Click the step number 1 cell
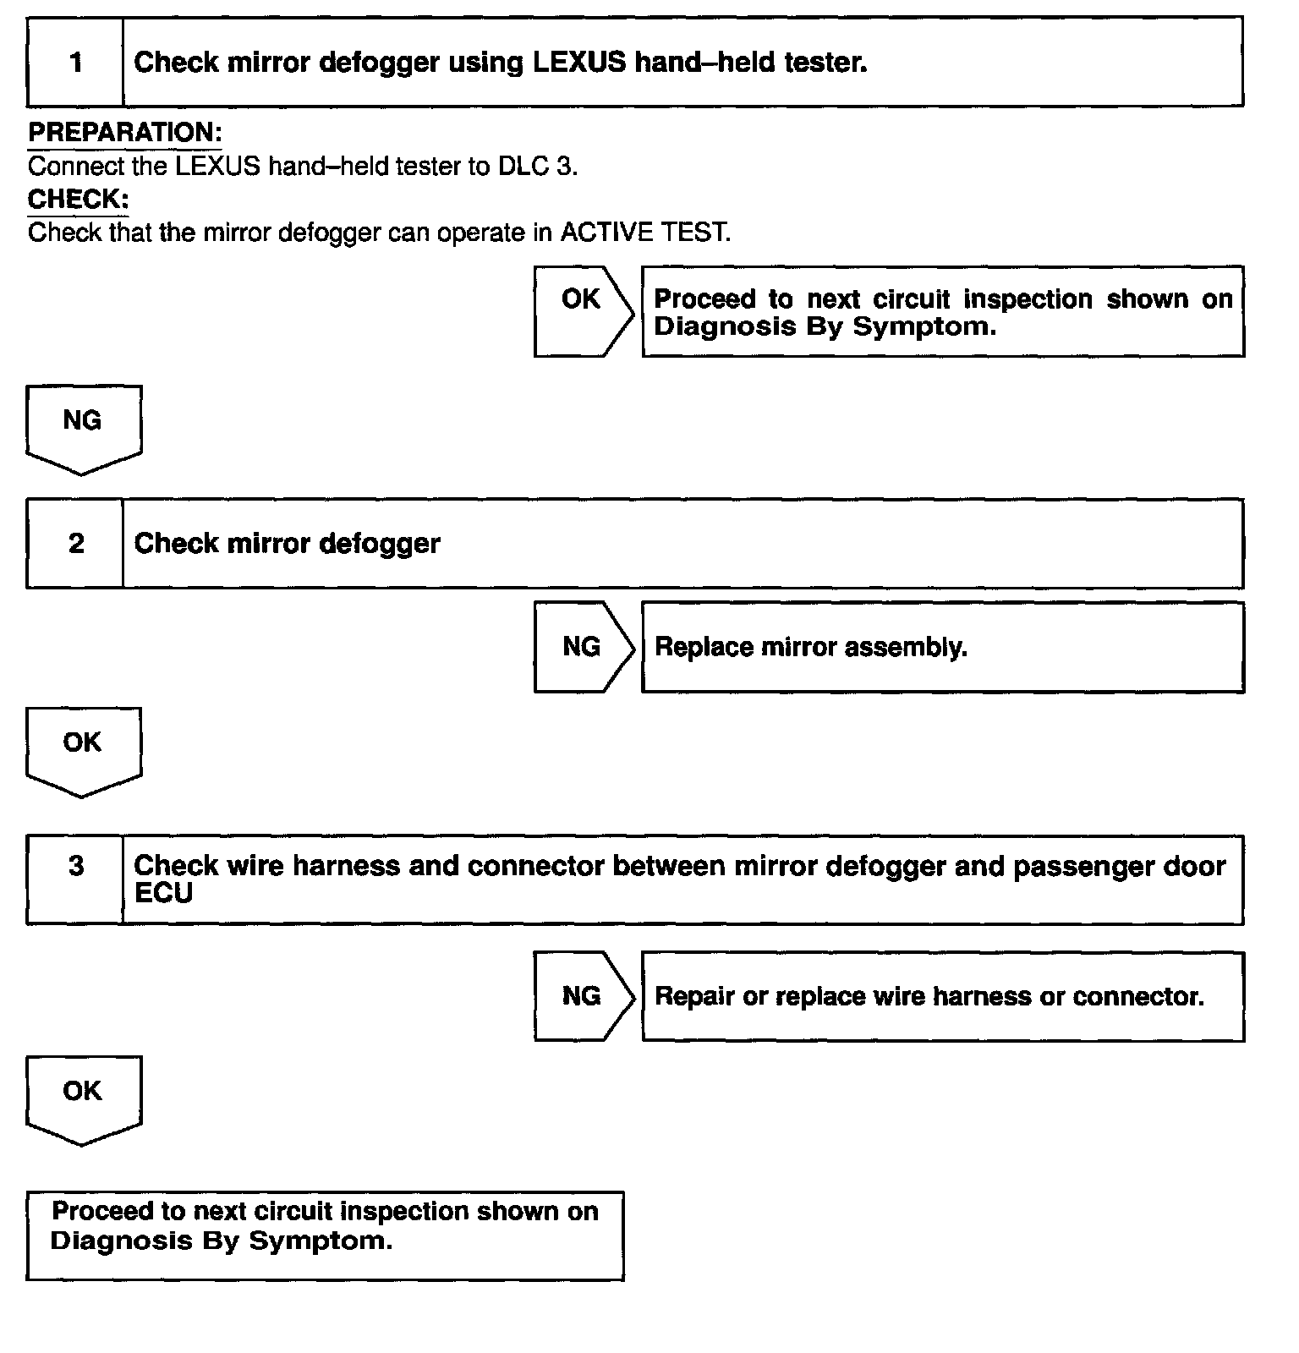click(x=75, y=63)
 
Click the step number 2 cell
click(x=75, y=543)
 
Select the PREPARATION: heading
click(x=125, y=133)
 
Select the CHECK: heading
click(x=78, y=200)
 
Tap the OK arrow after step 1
click(x=583, y=310)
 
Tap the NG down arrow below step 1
click(x=83, y=428)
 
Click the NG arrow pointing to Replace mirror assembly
click(x=583, y=647)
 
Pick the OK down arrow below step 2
click(x=83, y=750)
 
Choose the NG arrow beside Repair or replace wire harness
click(x=583, y=996)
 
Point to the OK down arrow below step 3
click(x=83, y=1098)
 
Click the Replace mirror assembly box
click(x=942, y=647)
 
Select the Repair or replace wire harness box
click(x=942, y=996)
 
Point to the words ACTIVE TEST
click(x=644, y=233)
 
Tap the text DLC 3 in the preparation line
click(x=536, y=166)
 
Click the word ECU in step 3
click(x=163, y=894)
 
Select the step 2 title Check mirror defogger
click(x=287, y=543)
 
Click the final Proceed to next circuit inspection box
click(x=325, y=1235)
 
